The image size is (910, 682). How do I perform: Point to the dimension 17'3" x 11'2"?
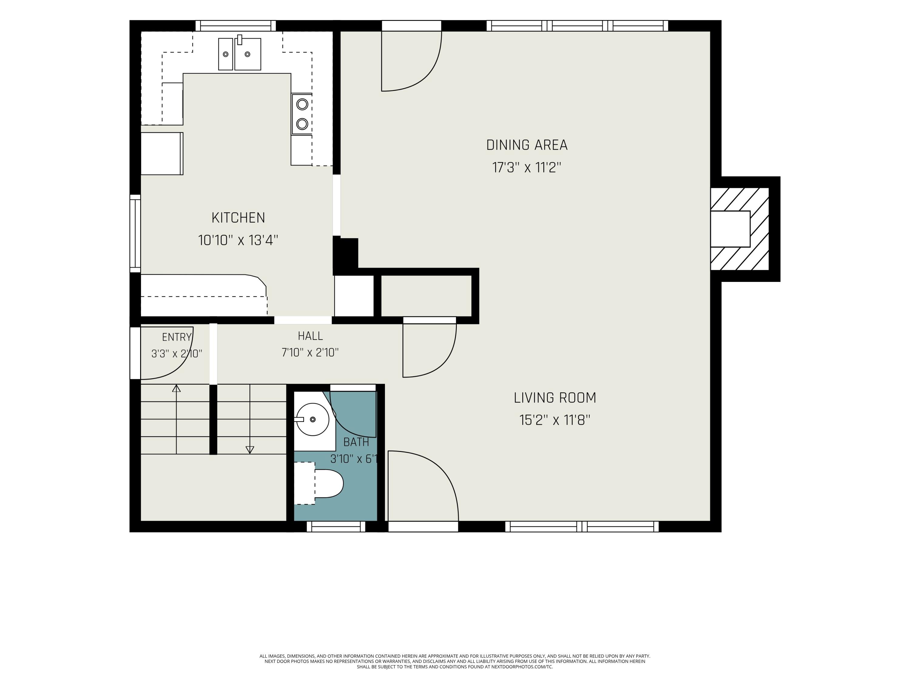pyautogui.click(x=527, y=168)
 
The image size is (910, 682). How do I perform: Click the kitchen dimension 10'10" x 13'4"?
pyautogui.click(x=238, y=240)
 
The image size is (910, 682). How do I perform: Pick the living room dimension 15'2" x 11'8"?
pyautogui.click(x=554, y=420)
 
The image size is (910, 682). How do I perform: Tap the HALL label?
pyautogui.click(x=310, y=336)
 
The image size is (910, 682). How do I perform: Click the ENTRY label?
pyautogui.click(x=177, y=337)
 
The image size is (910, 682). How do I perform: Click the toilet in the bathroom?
pyautogui.click(x=319, y=483)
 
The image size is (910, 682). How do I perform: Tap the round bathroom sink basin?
pyautogui.click(x=313, y=419)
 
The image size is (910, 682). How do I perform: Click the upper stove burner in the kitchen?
pyautogui.click(x=302, y=104)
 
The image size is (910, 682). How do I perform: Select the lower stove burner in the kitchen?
pyautogui.click(x=302, y=124)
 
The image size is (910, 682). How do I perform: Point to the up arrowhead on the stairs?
pyautogui.click(x=177, y=388)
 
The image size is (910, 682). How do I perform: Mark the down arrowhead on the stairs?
pyautogui.click(x=250, y=450)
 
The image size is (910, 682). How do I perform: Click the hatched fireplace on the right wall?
pyautogui.click(x=740, y=229)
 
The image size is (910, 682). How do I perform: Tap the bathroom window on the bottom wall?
pyautogui.click(x=336, y=527)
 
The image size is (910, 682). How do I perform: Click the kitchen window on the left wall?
pyautogui.click(x=135, y=233)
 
